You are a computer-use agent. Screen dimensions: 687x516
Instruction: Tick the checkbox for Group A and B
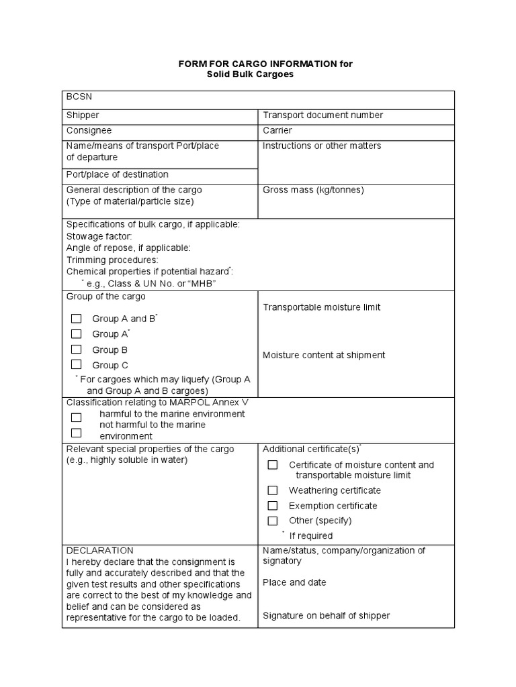pyautogui.click(x=77, y=318)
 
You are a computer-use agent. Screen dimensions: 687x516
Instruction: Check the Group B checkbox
pyautogui.click(x=77, y=349)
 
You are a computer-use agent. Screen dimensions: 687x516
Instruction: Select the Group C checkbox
pyautogui.click(x=77, y=364)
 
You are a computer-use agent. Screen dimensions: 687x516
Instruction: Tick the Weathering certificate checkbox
pyautogui.click(x=272, y=490)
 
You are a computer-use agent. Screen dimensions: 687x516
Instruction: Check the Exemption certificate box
pyautogui.click(x=272, y=505)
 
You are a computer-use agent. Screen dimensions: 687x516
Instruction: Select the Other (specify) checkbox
pyautogui.click(x=272, y=520)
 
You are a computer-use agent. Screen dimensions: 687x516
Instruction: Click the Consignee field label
pyautogui.click(x=89, y=130)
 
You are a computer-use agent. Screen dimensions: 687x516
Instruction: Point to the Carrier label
pyautogui.click(x=277, y=130)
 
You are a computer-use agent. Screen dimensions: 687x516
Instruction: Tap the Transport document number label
pyautogui.click(x=322, y=115)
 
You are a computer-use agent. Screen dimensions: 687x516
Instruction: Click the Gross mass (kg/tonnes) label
pyautogui.click(x=313, y=190)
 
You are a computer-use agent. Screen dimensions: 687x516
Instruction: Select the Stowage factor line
pyautogui.click(x=99, y=236)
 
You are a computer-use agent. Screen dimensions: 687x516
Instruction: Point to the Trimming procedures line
pyautogui.click(x=112, y=260)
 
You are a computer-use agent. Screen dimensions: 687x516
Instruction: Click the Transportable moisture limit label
pyautogui.click(x=321, y=307)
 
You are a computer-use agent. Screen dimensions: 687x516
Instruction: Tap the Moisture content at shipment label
pyautogui.click(x=324, y=355)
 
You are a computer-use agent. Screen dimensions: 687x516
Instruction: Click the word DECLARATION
pyautogui.click(x=100, y=550)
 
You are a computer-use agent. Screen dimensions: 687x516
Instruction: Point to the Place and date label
pyautogui.click(x=294, y=582)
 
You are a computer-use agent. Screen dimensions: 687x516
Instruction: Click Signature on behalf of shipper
pyautogui.click(x=326, y=615)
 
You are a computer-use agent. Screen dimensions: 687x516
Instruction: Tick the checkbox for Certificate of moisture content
pyautogui.click(x=272, y=464)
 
